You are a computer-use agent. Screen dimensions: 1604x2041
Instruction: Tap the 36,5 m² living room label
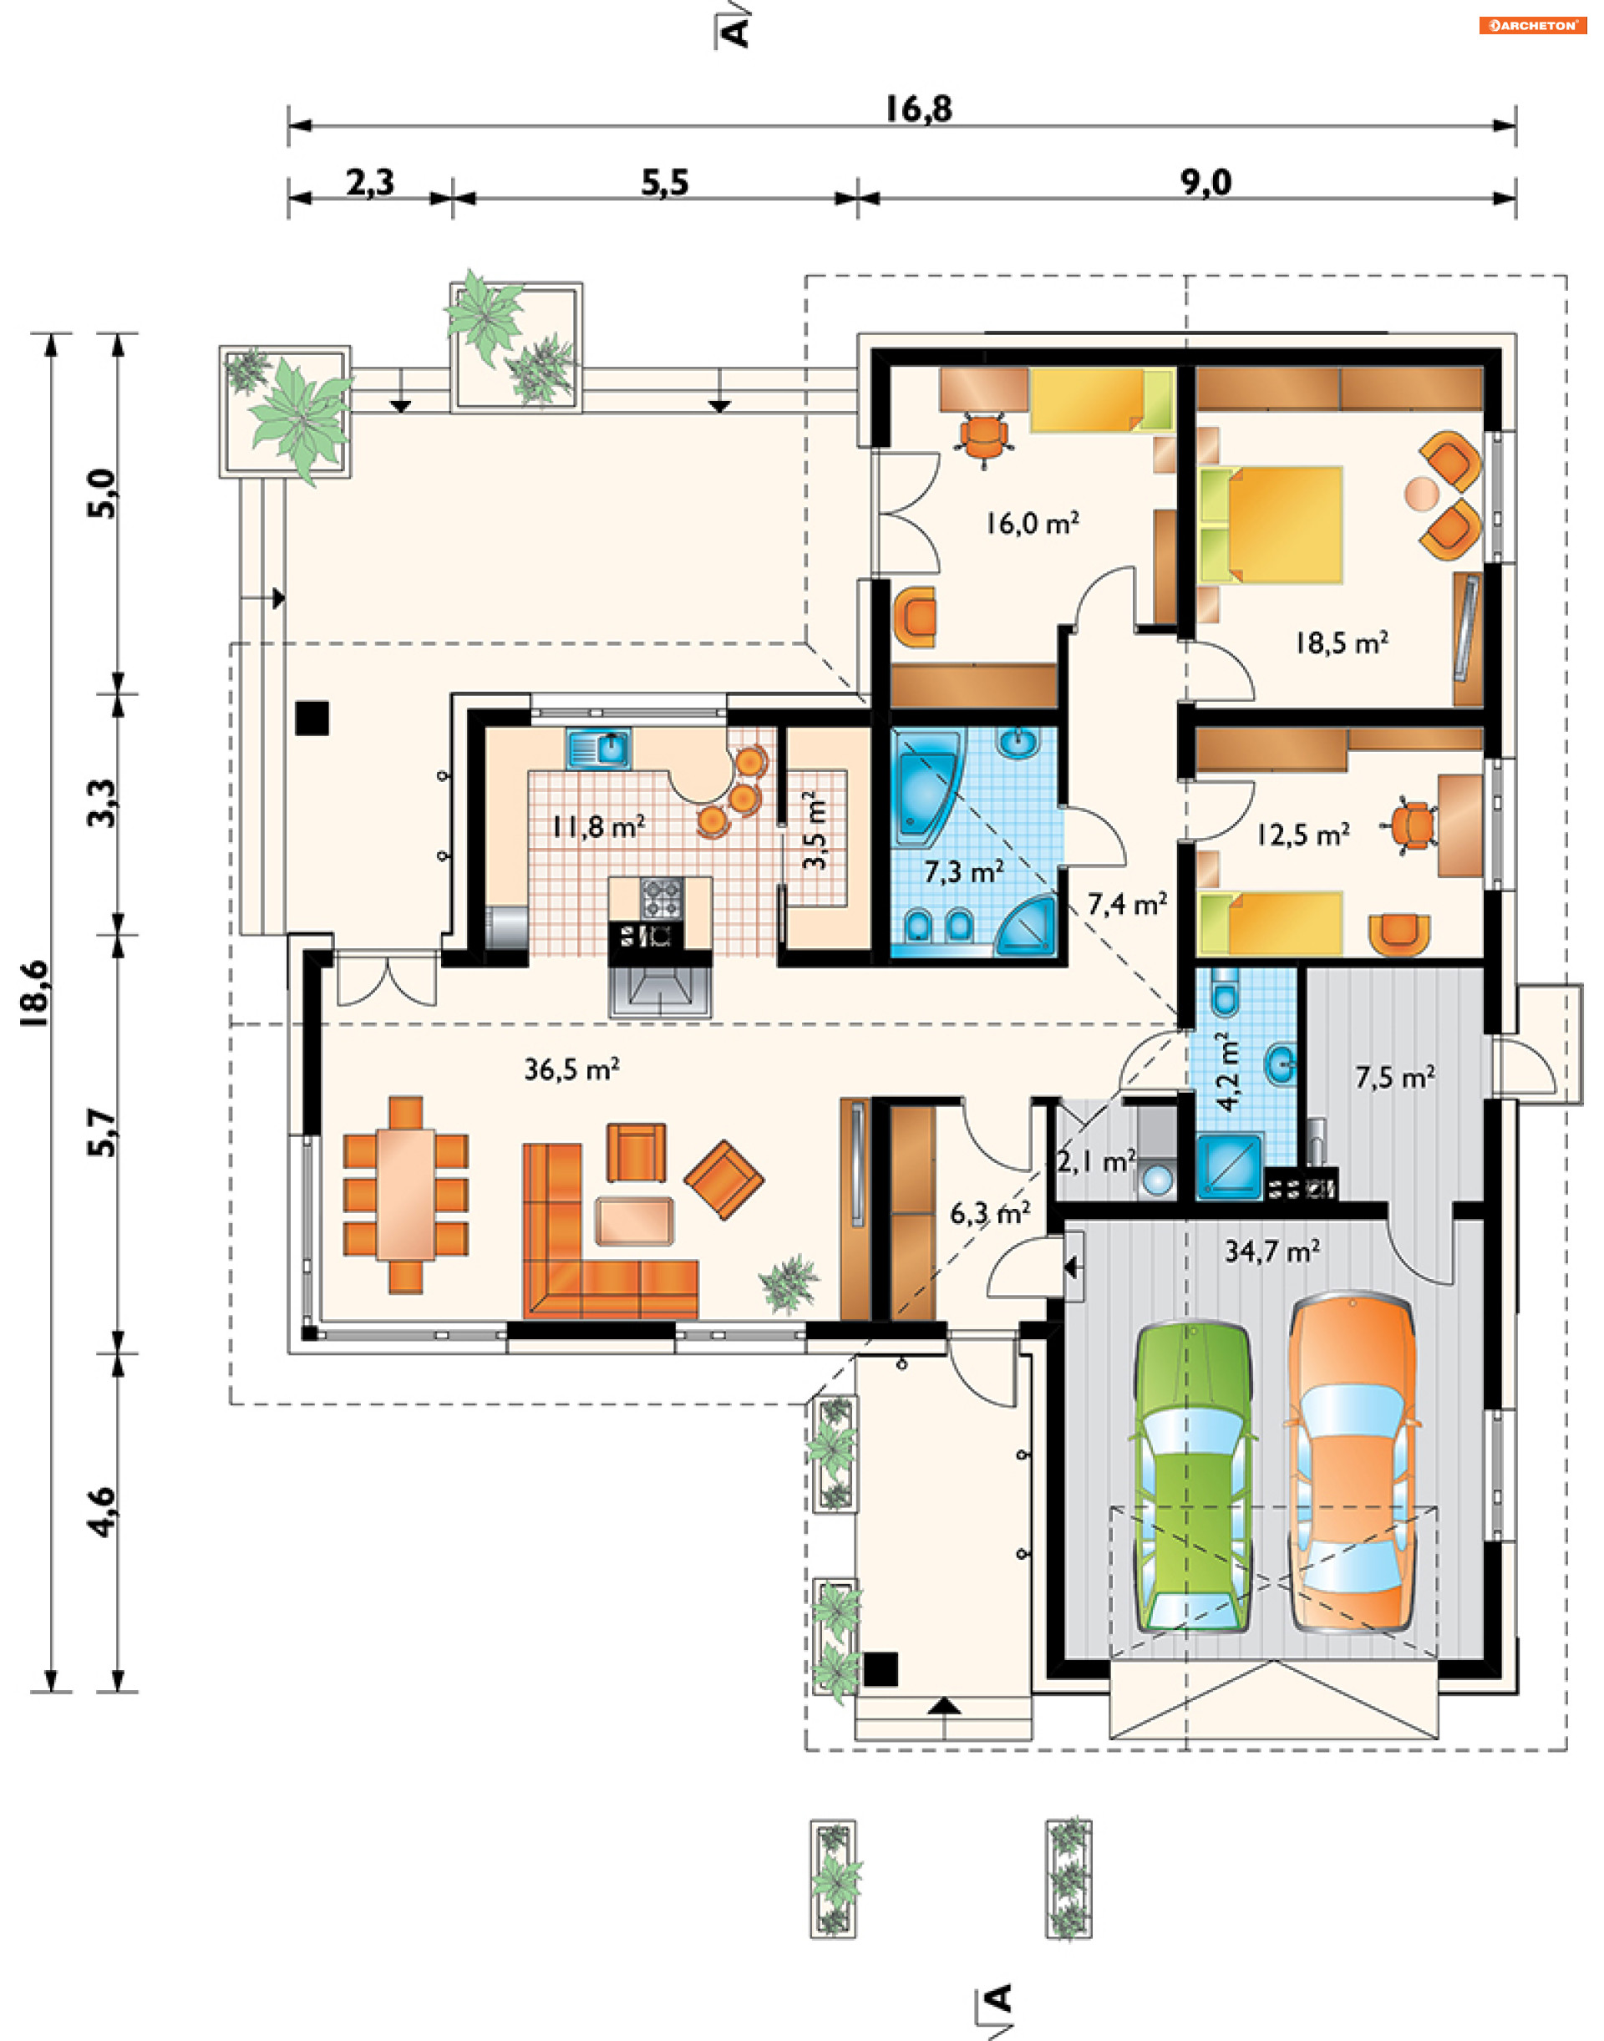coord(571,1069)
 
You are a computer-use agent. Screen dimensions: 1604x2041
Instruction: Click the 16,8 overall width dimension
coord(918,109)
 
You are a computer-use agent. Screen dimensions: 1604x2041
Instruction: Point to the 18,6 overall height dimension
coord(35,993)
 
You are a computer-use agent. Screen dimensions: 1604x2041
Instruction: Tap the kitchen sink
coord(598,749)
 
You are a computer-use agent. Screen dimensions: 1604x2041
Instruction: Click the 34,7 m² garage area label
coord(1272,1252)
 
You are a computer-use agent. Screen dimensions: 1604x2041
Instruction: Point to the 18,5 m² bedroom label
coord(1341,642)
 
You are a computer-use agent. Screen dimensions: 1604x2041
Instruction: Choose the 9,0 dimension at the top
coord(1205,182)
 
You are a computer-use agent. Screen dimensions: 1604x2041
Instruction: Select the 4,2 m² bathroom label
coord(1227,1072)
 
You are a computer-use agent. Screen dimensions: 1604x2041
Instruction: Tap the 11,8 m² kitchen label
coord(597,826)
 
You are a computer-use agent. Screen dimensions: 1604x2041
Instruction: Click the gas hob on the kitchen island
coord(661,898)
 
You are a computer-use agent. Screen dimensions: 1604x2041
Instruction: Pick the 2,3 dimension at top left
coord(370,182)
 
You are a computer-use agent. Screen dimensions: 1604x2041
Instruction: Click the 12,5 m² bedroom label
coord(1303,833)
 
